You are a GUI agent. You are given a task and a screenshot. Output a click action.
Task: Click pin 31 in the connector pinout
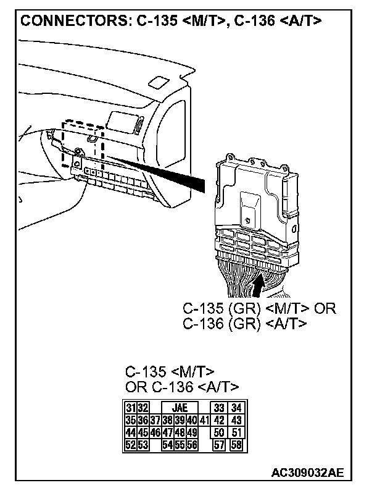point(130,408)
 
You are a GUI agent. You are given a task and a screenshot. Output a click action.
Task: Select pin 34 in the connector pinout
point(235,408)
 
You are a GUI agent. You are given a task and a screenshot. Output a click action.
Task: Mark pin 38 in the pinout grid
point(167,420)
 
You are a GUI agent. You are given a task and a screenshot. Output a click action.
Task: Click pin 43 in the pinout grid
point(235,420)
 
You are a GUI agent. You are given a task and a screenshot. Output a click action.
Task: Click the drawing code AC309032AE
point(307,473)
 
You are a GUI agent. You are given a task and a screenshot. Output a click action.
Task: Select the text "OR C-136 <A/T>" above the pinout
point(182,387)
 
